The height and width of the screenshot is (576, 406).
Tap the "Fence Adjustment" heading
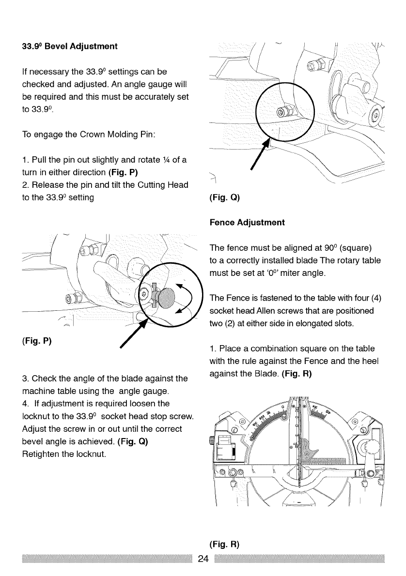pyautogui.click(x=248, y=223)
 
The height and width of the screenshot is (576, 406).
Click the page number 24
pyautogui.click(x=203, y=559)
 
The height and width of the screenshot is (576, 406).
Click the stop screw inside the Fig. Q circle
pyautogui.click(x=281, y=113)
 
